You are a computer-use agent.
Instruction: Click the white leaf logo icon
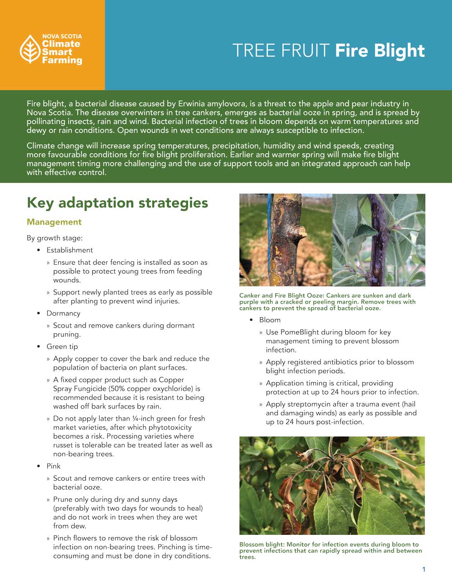30,49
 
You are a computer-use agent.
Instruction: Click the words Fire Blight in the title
380,51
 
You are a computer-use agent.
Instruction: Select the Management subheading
54,222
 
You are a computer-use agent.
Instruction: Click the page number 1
424,569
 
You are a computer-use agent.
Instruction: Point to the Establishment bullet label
70,250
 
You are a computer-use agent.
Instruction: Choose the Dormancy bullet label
63,313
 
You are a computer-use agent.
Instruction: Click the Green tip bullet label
62,347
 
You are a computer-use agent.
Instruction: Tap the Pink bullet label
53,466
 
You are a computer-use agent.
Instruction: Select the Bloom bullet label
270,320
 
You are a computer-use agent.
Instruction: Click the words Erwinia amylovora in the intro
211,103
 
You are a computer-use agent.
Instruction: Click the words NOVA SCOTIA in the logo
62,36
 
